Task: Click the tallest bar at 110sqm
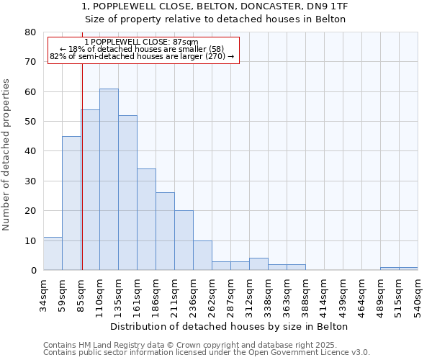pyautogui.click(x=109, y=179)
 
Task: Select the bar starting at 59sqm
pyautogui.click(x=71, y=203)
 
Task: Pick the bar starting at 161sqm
pyautogui.click(x=146, y=220)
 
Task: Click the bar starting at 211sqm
pyautogui.click(x=184, y=240)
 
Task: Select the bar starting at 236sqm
pyautogui.click(x=202, y=256)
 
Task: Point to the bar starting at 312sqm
pyautogui.click(x=258, y=264)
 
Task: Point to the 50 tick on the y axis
pyautogui.click(x=31, y=122)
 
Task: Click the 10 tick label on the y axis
pyautogui.click(x=31, y=240)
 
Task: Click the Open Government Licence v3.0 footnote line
pyautogui.click(x=207, y=353)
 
